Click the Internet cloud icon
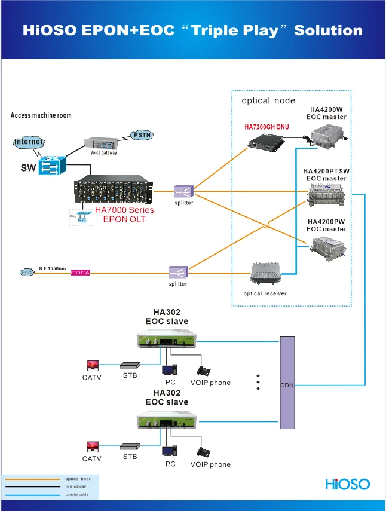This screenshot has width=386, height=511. (29, 142)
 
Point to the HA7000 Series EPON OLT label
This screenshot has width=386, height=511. (124, 214)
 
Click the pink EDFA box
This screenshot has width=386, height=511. (79, 273)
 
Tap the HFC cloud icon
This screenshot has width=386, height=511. (26, 273)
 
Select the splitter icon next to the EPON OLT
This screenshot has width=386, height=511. (183, 191)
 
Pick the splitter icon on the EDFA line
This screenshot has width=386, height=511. (177, 273)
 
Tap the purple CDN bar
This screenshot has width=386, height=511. (287, 383)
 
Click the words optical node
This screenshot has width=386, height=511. (268, 100)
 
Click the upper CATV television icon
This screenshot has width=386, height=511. (92, 365)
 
